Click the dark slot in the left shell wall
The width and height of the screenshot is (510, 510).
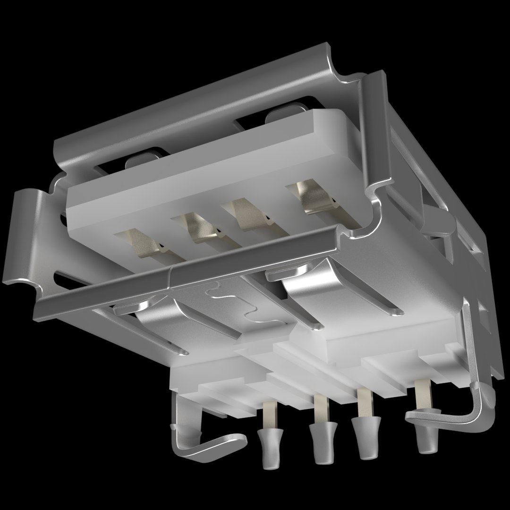[66, 279]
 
